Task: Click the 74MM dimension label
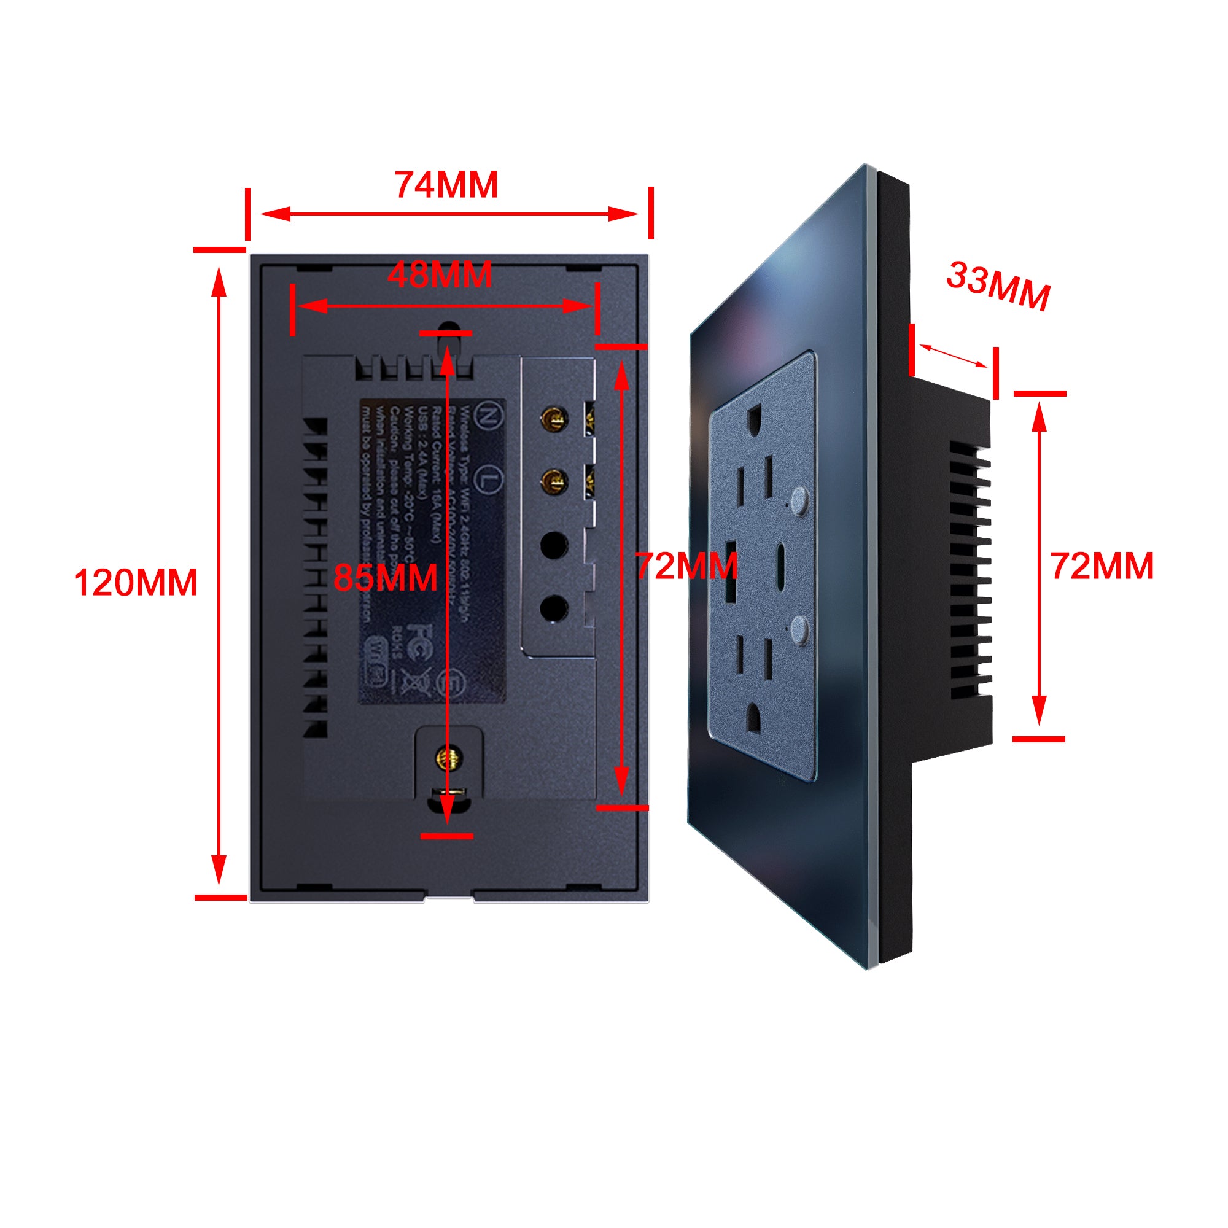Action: [446, 185]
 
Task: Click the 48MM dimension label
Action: [440, 274]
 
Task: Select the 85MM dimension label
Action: [385, 577]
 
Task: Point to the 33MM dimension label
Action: [998, 286]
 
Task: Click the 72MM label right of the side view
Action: [1102, 565]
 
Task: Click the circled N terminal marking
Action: [486, 416]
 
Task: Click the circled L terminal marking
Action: [486, 477]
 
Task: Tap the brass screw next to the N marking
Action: [553, 419]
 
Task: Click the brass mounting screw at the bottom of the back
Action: [449, 757]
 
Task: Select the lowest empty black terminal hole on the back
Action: [554, 608]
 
